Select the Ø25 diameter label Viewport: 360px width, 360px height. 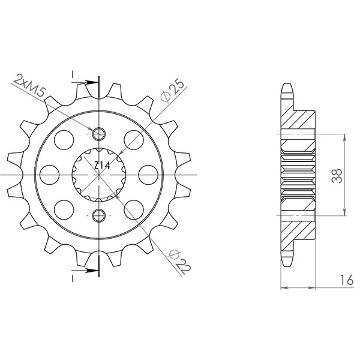click(x=173, y=89)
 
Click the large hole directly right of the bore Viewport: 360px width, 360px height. click(x=147, y=174)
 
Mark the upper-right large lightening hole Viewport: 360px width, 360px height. click(x=133, y=140)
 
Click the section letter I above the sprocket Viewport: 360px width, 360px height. click(x=73, y=74)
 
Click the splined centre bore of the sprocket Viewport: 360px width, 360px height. click(x=98, y=174)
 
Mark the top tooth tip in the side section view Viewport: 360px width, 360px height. click(x=287, y=85)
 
